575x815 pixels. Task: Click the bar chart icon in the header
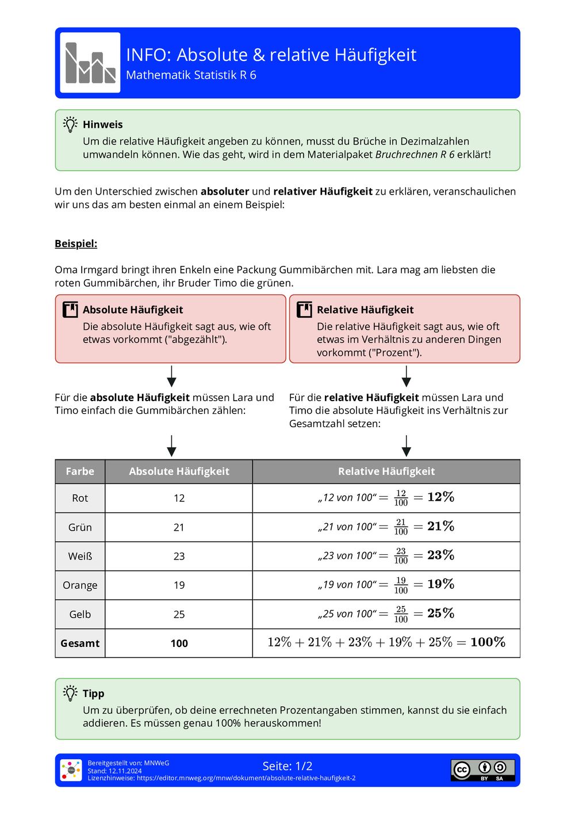(x=90, y=63)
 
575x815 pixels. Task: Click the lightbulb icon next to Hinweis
(x=70, y=124)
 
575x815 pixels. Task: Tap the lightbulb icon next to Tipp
(x=70, y=693)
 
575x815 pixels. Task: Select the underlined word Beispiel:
(x=76, y=243)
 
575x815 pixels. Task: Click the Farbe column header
(x=80, y=471)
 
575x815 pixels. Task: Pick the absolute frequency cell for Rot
(x=179, y=498)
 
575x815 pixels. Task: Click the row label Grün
(x=80, y=527)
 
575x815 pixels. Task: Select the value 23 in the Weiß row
(x=179, y=556)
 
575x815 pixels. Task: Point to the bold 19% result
(x=440, y=584)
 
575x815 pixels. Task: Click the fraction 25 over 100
(x=401, y=614)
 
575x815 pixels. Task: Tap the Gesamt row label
(x=80, y=643)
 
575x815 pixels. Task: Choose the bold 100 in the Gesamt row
(x=179, y=643)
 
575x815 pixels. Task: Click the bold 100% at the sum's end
(x=488, y=642)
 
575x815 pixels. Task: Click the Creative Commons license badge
(x=482, y=770)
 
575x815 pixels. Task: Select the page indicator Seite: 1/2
(x=287, y=766)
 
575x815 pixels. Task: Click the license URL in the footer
(x=221, y=778)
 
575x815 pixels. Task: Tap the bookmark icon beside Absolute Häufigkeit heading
(x=70, y=310)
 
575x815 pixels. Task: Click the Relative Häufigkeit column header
(x=386, y=471)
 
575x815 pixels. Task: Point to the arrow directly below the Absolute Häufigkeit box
(x=171, y=376)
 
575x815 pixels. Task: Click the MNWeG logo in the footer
(x=71, y=770)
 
